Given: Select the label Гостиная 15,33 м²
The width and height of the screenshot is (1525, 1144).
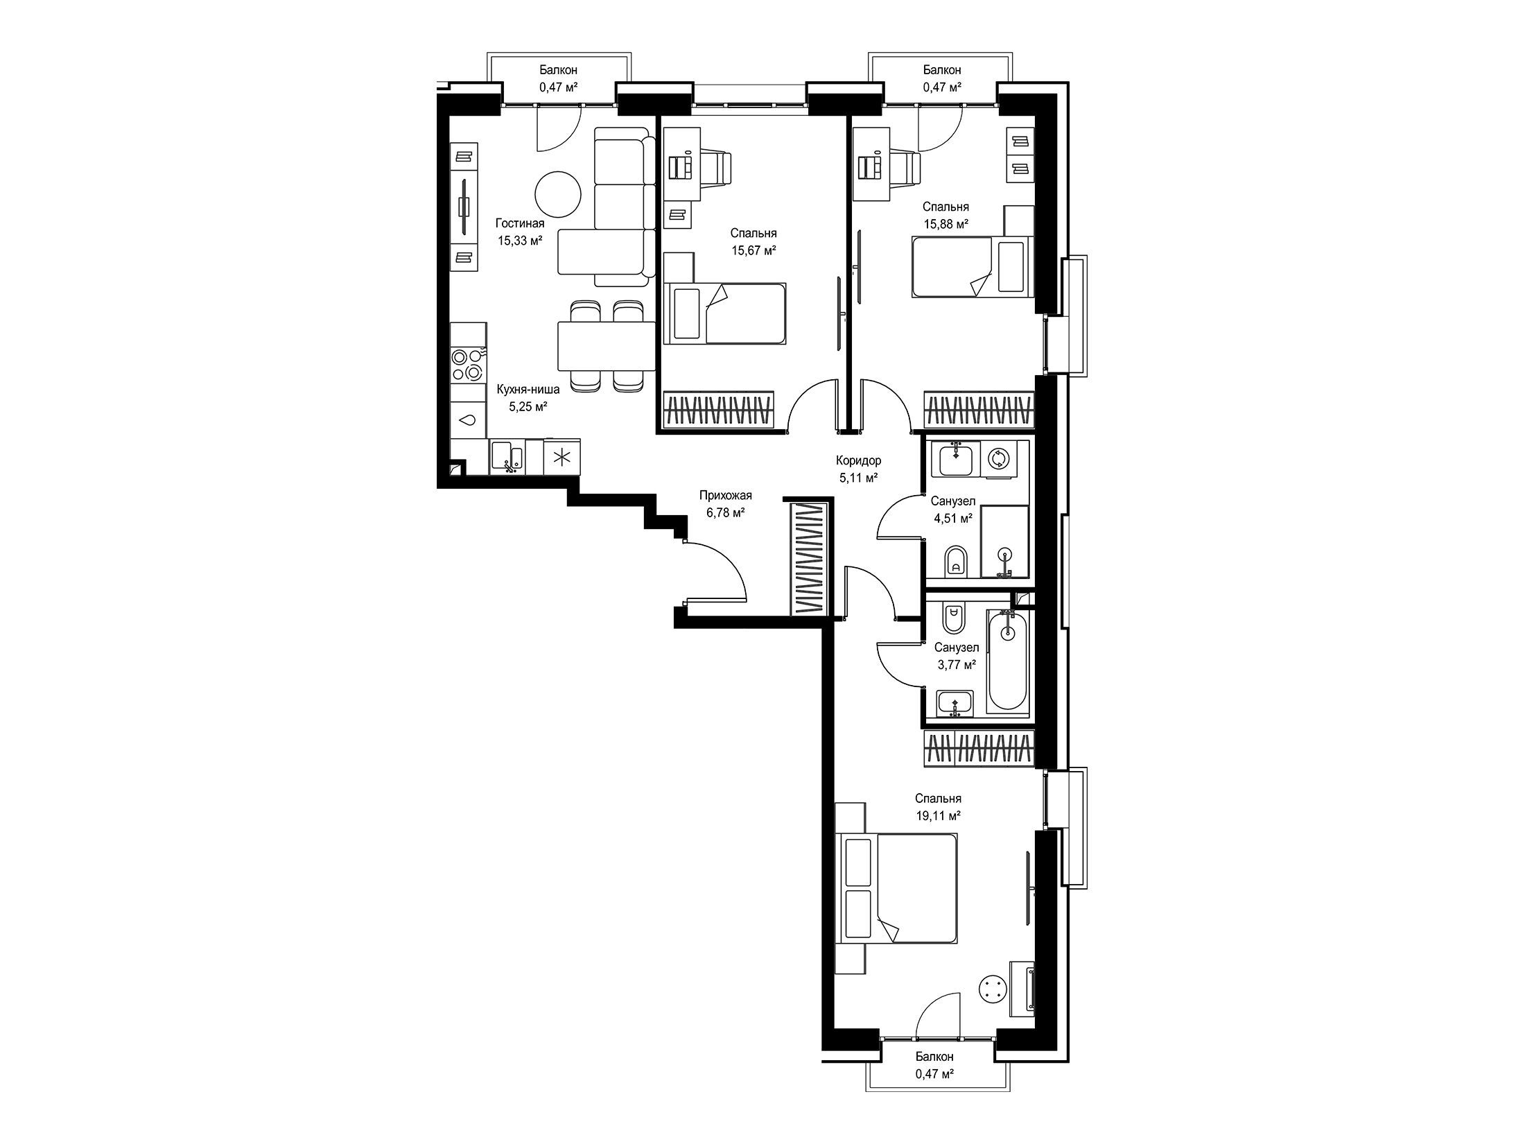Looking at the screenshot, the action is pyautogui.click(x=519, y=232).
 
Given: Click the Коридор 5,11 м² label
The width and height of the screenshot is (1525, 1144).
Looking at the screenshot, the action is pyautogui.click(x=858, y=469).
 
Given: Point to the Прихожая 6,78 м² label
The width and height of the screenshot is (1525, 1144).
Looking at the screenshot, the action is pyautogui.click(x=725, y=504).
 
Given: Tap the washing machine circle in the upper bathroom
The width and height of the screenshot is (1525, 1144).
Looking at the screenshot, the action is pyautogui.click(x=998, y=459).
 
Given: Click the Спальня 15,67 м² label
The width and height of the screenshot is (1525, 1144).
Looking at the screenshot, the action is pyautogui.click(x=753, y=242).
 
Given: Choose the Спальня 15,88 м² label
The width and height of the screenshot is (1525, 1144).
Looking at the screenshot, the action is pyautogui.click(x=946, y=215).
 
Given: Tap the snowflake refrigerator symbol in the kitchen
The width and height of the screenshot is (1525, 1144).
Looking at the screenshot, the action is pyautogui.click(x=562, y=457).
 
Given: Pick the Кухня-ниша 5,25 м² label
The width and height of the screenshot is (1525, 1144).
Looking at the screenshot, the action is pyautogui.click(x=528, y=398).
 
